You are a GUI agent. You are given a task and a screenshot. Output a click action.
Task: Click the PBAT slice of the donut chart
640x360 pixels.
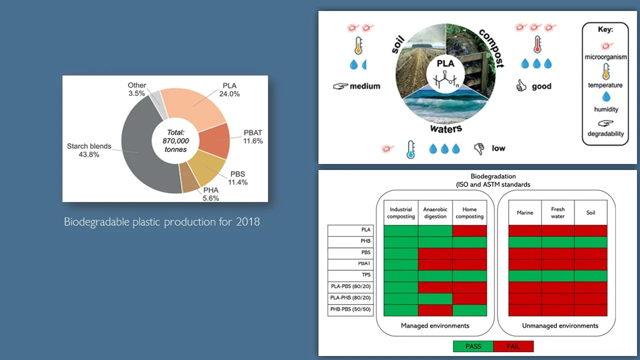click(x=213, y=140)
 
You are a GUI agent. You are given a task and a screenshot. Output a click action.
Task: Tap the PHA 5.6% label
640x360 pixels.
click(x=211, y=194)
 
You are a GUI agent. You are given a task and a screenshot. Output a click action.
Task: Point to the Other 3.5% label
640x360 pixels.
click(x=136, y=89)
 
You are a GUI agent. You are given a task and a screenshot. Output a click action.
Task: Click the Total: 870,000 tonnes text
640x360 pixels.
click(x=174, y=141)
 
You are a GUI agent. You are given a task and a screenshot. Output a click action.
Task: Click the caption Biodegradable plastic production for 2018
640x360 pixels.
click(x=162, y=222)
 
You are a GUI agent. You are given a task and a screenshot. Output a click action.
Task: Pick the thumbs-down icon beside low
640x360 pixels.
click(x=479, y=148)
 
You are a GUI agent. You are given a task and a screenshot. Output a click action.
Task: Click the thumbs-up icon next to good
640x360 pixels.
click(x=521, y=86)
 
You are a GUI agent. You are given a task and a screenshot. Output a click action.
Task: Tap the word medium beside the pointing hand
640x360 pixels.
click(x=365, y=86)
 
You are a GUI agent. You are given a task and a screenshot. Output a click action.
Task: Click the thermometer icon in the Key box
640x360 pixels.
click(x=605, y=71)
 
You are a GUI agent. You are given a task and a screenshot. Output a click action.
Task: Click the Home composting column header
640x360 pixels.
click(x=469, y=213)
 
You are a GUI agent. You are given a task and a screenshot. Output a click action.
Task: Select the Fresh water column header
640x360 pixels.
click(x=558, y=212)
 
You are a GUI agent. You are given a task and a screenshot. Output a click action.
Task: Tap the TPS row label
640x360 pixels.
click(x=365, y=275)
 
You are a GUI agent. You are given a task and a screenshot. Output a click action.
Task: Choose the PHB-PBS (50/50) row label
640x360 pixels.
click(x=349, y=309)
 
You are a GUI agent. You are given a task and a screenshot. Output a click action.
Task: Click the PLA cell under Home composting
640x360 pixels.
click(x=469, y=230)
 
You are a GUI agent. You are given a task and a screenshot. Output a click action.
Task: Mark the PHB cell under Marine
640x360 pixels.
click(x=525, y=242)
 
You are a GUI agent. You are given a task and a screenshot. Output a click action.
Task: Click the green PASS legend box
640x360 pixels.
click(x=473, y=346)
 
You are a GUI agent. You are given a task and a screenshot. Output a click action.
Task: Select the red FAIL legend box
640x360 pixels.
click(x=513, y=346)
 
